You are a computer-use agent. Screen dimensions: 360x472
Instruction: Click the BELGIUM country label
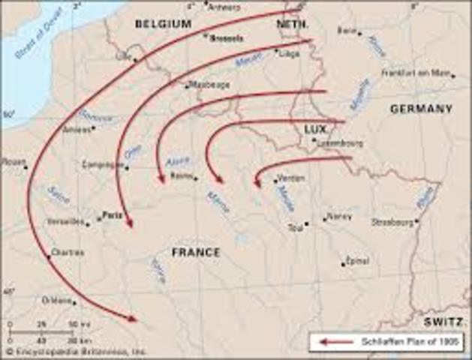click(x=164, y=24)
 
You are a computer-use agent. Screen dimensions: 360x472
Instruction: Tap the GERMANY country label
click(x=421, y=109)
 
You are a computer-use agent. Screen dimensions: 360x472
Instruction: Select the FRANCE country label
click(x=196, y=253)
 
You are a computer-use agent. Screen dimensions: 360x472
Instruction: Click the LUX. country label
click(x=315, y=130)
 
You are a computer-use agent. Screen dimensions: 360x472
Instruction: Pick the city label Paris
click(x=113, y=213)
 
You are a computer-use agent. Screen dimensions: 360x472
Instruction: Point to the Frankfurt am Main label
click(x=418, y=73)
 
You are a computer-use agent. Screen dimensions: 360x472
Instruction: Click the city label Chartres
click(x=68, y=253)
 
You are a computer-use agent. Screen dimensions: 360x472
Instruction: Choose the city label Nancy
click(x=340, y=216)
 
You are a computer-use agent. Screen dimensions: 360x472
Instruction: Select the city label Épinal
click(x=356, y=260)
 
